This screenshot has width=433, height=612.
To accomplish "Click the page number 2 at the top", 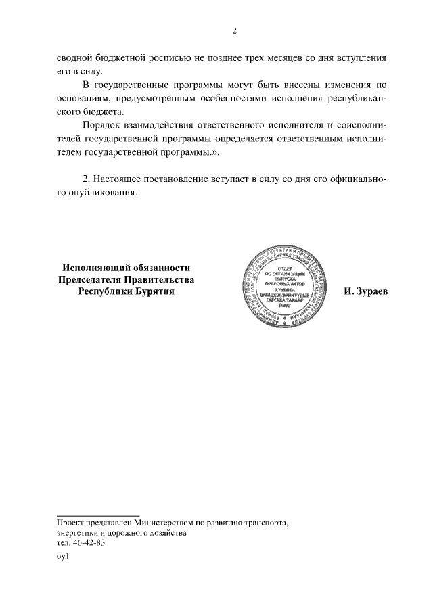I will coord(234,31).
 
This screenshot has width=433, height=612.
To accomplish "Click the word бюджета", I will coord(102,112).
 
